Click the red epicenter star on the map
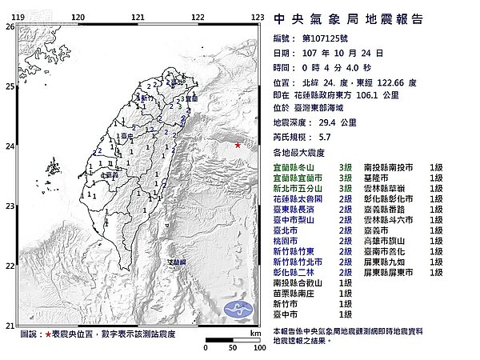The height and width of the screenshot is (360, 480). pos(238,145)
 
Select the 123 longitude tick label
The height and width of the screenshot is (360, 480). pos(258,17)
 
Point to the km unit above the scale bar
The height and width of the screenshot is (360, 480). pos(254,333)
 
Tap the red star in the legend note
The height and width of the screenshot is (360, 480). pos(48,333)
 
